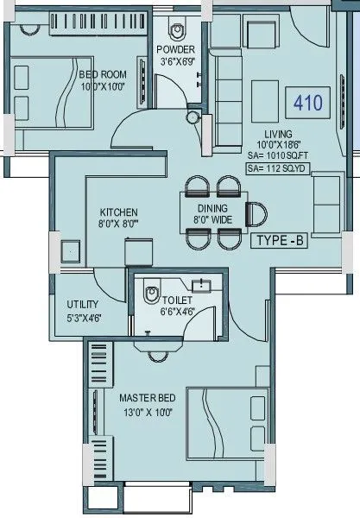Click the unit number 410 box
pyautogui.click(x=307, y=104)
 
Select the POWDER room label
pyautogui.click(x=176, y=49)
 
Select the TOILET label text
pyautogui.click(x=177, y=301)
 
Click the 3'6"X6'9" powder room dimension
pyautogui.click(x=176, y=61)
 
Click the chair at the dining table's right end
pyautogui.click(x=256, y=212)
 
